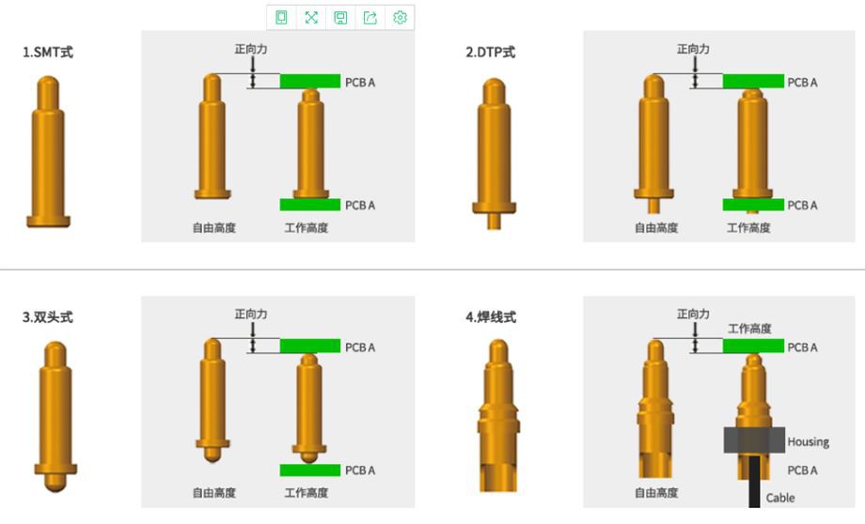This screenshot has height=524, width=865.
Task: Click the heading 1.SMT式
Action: pos(48,53)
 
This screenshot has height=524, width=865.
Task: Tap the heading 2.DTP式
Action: pos(490,53)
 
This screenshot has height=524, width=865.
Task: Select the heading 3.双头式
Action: pos(48,317)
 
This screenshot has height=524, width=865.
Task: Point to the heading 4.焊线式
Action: pos(491,317)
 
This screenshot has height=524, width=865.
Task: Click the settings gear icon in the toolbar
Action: pos(400,18)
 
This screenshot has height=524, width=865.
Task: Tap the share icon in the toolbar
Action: pos(370,18)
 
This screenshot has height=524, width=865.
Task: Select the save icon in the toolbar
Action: pos(340,18)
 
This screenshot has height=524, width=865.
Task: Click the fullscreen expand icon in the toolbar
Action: pos(311,18)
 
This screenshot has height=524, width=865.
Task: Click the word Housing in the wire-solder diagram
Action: pos(809,442)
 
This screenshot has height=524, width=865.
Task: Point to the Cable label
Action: pos(780,498)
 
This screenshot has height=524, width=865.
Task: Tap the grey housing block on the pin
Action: pos(754,440)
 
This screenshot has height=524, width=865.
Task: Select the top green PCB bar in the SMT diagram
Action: pos(310,82)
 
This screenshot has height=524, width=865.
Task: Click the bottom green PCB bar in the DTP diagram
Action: pos(753,205)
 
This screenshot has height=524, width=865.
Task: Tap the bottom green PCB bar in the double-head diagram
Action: pos(310,470)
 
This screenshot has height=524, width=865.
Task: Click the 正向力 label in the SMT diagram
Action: pos(251,49)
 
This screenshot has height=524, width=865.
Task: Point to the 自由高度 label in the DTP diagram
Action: pos(656,228)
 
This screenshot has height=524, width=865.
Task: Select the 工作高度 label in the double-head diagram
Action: pos(307,493)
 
